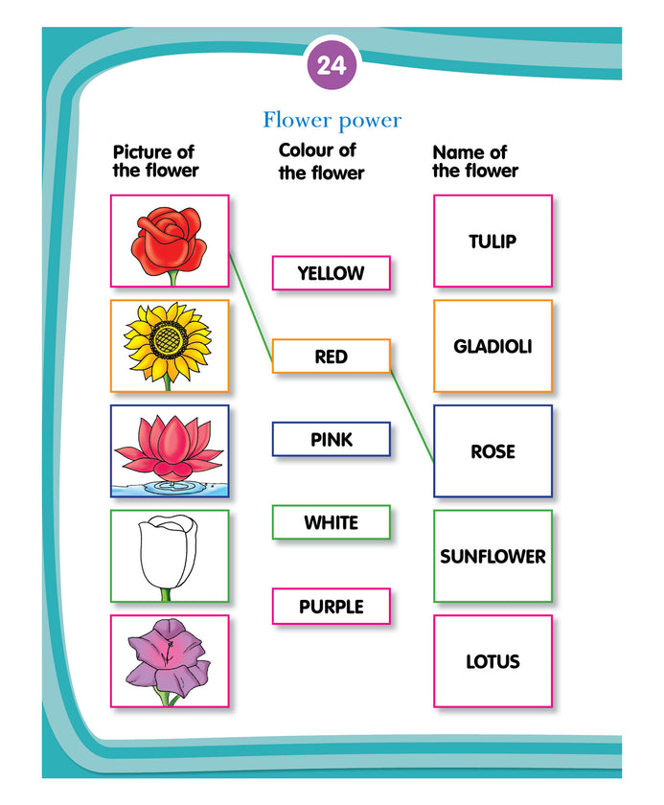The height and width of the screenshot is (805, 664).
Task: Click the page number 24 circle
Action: point(332,66)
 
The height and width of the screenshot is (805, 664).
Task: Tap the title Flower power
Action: point(332,121)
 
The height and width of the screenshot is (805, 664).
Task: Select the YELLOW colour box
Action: point(331,273)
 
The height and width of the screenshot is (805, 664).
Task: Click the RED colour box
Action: point(331,356)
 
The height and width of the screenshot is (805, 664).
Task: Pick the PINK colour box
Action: point(331,440)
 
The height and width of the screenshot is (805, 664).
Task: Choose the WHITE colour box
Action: point(331,522)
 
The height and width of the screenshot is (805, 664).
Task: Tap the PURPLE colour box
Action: point(331,607)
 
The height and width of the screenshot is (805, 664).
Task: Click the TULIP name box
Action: point(492,241)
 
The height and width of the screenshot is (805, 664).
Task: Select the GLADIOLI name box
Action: point(492,346)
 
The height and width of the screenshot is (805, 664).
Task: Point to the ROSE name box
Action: point(492,450)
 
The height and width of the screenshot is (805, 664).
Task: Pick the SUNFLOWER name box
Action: point(492,556)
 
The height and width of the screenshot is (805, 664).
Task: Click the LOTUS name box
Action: point(492,661)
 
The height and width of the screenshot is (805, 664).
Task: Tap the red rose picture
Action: point(170,241)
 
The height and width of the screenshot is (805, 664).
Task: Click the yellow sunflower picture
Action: point(170,346)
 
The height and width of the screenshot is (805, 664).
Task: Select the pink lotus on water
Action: point(170,450)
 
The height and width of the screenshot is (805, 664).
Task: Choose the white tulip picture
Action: point(170,556)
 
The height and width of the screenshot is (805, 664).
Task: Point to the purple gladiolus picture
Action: point(170,661)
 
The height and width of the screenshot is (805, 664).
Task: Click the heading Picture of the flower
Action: point(155,161)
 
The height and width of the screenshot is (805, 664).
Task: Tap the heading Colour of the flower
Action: point(321,161)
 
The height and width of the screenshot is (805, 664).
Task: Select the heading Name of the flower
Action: point(474,161)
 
